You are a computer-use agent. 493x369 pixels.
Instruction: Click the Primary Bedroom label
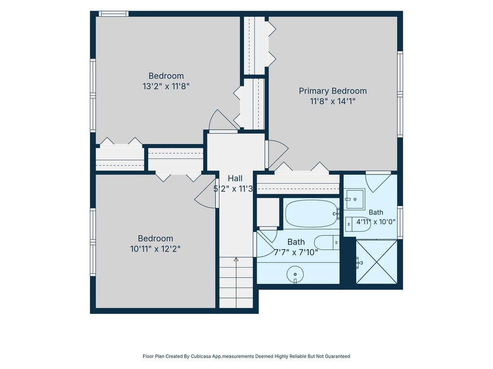point(333,91)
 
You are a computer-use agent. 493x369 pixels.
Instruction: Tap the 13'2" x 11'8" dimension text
point(166,86)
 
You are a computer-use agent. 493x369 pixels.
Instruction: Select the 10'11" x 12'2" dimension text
point(156,249)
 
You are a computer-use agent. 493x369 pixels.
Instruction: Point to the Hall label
point(235,178)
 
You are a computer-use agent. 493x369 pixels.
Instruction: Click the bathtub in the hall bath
point(312,213)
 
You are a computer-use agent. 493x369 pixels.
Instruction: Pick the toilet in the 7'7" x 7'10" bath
point(326,242)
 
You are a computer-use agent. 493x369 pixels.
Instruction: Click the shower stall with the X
point(376,262)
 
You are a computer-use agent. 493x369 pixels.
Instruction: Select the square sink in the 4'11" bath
point(355,198)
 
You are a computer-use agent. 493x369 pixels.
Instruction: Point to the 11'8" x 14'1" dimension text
point(333,101)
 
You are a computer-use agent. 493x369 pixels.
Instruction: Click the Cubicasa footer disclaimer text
point(246,356)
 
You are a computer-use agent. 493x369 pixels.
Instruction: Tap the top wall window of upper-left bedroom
point(114,13)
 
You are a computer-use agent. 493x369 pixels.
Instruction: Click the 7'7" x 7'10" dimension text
point(296,252)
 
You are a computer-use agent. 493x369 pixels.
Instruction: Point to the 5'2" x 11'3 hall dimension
point(233,189)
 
